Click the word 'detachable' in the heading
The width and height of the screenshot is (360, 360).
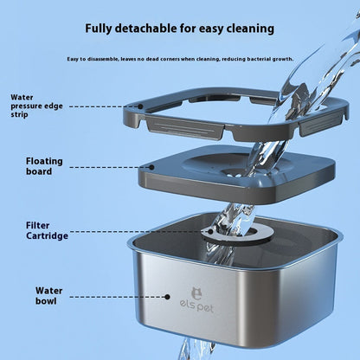click(x=159, y=29)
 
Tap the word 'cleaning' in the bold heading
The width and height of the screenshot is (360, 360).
click(x=247, y=29)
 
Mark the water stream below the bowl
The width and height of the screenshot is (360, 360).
click(x=192, y=348)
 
